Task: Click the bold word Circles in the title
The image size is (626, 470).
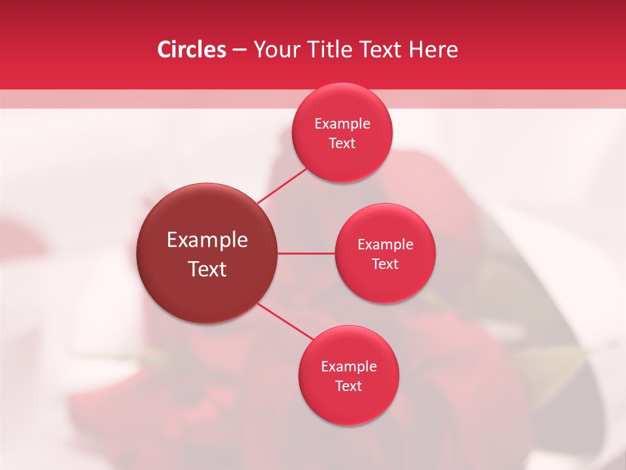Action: [x=191, y=50]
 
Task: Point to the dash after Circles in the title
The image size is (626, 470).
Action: [x=239, y=50]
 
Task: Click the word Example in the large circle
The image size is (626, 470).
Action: [x=207, y=240]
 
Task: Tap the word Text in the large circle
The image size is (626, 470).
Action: [x=207, y=269]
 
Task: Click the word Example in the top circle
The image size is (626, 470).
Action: [x=342, y=124]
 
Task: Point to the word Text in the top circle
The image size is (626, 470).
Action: [x=342, y=144]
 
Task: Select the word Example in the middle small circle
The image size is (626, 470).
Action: [x=385, y=245]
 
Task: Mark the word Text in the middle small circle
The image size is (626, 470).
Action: [x=385, y=264]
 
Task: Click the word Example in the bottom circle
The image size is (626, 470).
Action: [x=349, y=367]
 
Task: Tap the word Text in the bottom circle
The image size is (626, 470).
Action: [x=349, y=386]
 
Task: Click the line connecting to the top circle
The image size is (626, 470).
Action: [x=282, y=185]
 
